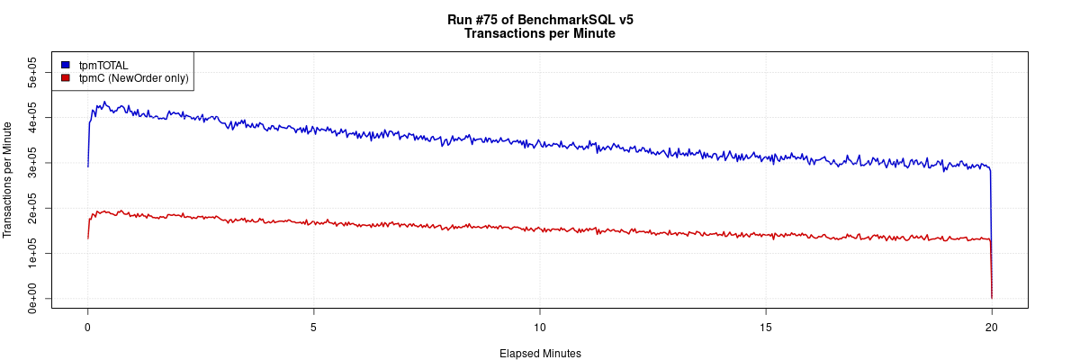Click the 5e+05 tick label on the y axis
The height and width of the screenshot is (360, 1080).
(x=31, y=72)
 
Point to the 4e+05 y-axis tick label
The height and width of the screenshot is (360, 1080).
(x=31, y=117)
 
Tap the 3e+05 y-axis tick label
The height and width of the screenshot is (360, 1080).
(x=31, y=163)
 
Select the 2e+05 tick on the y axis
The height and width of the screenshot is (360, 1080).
(x=31, y=208)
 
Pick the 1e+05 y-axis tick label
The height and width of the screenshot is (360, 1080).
(x=31, y=253)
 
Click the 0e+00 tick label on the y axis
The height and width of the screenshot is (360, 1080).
(x=31, y=298)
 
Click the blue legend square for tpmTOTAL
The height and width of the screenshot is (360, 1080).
(x=66, y=65)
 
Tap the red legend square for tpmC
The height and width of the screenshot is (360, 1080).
(x=66, y=78)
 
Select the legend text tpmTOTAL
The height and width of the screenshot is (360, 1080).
(x=103, y=65)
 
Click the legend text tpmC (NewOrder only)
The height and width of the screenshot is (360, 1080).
(x=134, y=78)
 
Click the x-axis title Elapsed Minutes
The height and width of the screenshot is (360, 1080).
(x=540, y=354)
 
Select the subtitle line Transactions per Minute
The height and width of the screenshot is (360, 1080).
(x=540, y=34)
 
